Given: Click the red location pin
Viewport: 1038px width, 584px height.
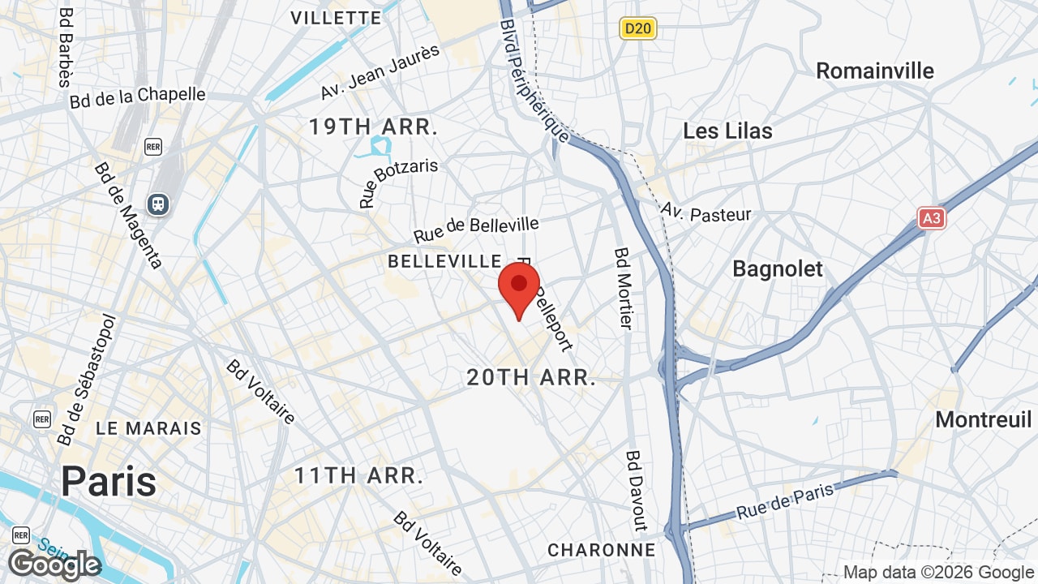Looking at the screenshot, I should click(519, 290).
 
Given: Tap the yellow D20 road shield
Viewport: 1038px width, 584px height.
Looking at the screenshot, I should click(638, 29).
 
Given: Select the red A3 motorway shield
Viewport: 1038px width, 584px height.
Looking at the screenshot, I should click(933, 218).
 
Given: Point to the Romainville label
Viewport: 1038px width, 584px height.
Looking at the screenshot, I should click(875, 71).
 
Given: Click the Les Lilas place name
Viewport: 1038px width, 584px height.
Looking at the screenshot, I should click(727, 131).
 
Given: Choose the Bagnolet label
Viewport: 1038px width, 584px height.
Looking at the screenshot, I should click(778, 269).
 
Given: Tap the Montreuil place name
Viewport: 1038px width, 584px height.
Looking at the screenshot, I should click(984, 419).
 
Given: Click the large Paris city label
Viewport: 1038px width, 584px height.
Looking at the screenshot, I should click(109, 481).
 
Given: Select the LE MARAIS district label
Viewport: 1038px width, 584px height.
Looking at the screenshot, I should click(148, 428).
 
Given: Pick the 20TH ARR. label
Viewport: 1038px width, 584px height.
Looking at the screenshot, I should click(531, 377).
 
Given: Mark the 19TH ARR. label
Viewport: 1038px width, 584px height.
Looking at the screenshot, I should click(373, 127).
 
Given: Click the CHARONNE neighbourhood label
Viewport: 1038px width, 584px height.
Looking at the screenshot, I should click(602, 550).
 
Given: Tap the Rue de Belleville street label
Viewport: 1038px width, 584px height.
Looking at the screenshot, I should click(476, 229).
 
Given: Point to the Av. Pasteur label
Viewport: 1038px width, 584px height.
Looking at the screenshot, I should click(706, 213).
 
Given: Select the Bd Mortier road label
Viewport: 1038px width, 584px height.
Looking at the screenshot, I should click(623, 289).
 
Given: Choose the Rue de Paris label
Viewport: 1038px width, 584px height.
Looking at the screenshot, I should click(785, 502).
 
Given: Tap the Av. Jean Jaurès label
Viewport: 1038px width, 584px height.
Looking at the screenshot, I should click(380, 72).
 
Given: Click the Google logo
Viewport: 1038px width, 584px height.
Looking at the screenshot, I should click(54, 565).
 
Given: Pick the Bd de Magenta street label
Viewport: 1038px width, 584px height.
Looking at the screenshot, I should click(129, 215).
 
